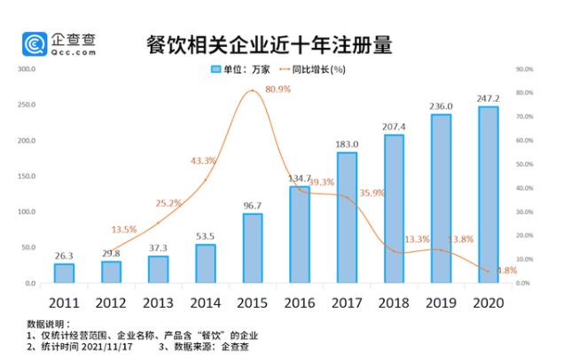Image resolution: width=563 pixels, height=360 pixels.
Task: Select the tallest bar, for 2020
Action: coord(489,195)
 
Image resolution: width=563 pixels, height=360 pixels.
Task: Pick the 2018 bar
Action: coord(395,209)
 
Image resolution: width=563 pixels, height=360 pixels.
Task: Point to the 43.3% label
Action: coord(204,160)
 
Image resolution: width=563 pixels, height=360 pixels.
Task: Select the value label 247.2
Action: coord(489,97)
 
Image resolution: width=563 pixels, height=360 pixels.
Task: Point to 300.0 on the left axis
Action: coord(27,68)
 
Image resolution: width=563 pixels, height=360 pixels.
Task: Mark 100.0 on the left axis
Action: coord(27,213)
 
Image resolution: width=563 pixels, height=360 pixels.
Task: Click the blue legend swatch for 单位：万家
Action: coord(215,69)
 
